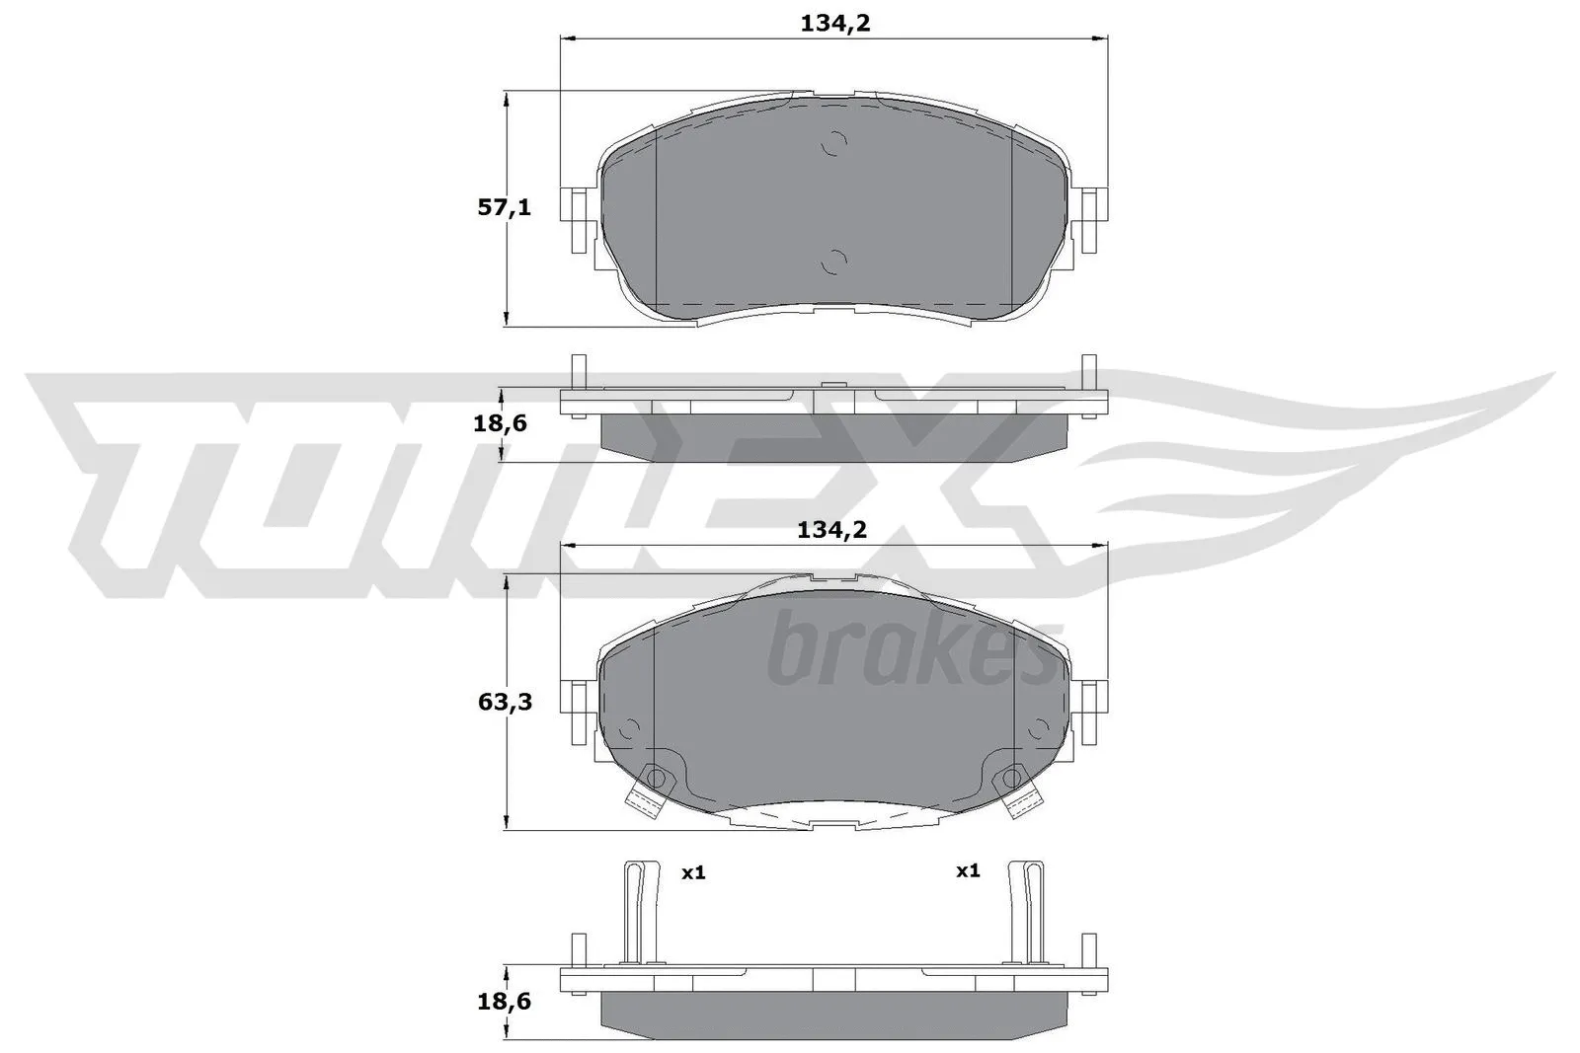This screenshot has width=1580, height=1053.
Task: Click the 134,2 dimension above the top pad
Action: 834,24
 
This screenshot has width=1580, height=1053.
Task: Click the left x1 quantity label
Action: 693,872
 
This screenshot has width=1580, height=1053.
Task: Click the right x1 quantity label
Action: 967,870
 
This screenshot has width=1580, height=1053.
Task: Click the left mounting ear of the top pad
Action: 578,218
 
